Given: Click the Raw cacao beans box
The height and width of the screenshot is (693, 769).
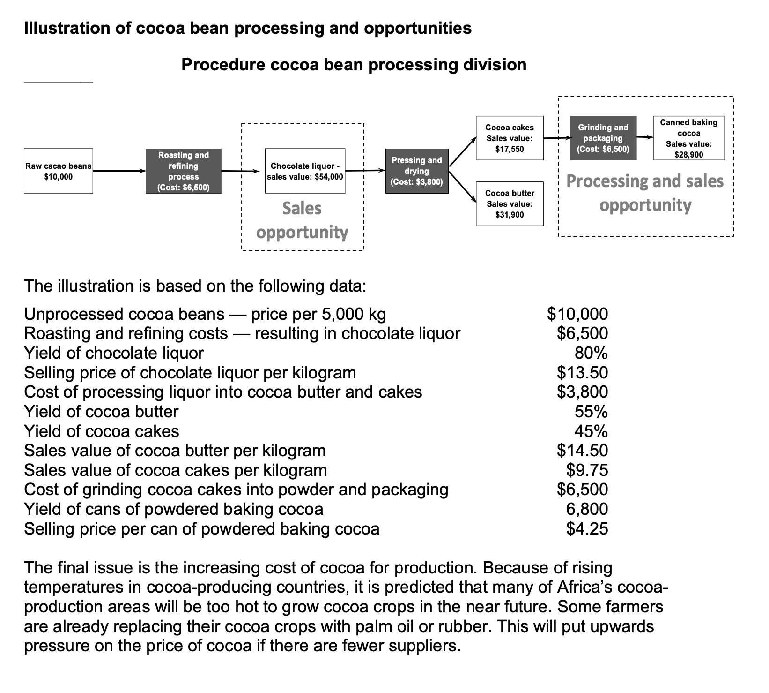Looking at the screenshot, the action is tap(59, 171).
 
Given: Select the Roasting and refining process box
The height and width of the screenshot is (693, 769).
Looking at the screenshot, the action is tap(183, 171).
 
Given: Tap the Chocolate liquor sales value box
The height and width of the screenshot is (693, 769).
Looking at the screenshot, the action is tap(305, 171).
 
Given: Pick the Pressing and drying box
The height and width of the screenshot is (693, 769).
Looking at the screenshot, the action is tap(416, 171).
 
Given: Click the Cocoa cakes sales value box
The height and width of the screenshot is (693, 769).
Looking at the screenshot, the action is tap(510, 138).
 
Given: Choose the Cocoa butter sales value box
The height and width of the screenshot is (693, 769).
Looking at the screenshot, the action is tap(510, 204).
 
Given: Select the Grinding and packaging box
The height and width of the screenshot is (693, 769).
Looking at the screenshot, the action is tap(603, 138).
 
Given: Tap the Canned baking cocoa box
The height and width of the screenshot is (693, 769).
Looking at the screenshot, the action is tap(688, 138).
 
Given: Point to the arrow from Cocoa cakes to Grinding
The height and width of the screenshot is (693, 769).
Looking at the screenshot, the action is tap(557, 138).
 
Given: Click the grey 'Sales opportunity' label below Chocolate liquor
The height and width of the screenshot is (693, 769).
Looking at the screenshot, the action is tap(302, 220).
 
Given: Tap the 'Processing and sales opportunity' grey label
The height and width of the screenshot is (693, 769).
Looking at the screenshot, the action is tap(645, 193).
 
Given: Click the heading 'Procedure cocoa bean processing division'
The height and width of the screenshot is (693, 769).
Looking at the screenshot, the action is tap(354, 64).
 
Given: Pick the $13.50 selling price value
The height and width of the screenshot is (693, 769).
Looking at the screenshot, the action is tap(582, 372).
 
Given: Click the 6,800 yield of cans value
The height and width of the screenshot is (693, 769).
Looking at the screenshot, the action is tap(587, 509).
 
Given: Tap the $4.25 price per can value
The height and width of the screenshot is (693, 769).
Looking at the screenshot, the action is tap(587, 528).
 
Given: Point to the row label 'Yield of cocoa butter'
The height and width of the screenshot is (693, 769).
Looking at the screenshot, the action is tap(101, 411).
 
